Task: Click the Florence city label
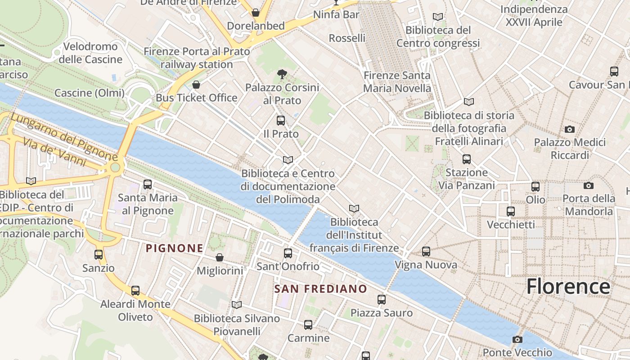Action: click(568, 286)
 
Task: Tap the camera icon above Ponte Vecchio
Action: click(517, 339)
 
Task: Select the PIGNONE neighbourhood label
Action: click(175, 248)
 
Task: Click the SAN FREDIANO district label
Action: click(321, 289)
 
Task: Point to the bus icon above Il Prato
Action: click(281, 121)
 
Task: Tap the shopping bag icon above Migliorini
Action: click(220, 257)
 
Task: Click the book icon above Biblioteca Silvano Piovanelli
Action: click(237, 305)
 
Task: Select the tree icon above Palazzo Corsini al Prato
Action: click(282, 74)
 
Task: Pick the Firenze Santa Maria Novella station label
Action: click(397, 82)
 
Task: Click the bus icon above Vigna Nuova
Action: click(426, 252)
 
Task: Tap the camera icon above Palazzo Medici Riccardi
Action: click(570, 130)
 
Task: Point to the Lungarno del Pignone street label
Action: click(64, 137)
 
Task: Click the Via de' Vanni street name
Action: click(54, 152)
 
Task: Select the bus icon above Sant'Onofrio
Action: click(288, 253)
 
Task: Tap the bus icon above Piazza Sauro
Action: click(382, 300)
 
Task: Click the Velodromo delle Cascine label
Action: click(90, 53)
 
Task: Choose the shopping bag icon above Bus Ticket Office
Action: click(196, 85)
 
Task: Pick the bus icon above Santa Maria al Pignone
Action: click(147, 184)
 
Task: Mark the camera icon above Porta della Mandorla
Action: click(588, 185)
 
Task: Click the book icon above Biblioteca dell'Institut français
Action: click(354, 209)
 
